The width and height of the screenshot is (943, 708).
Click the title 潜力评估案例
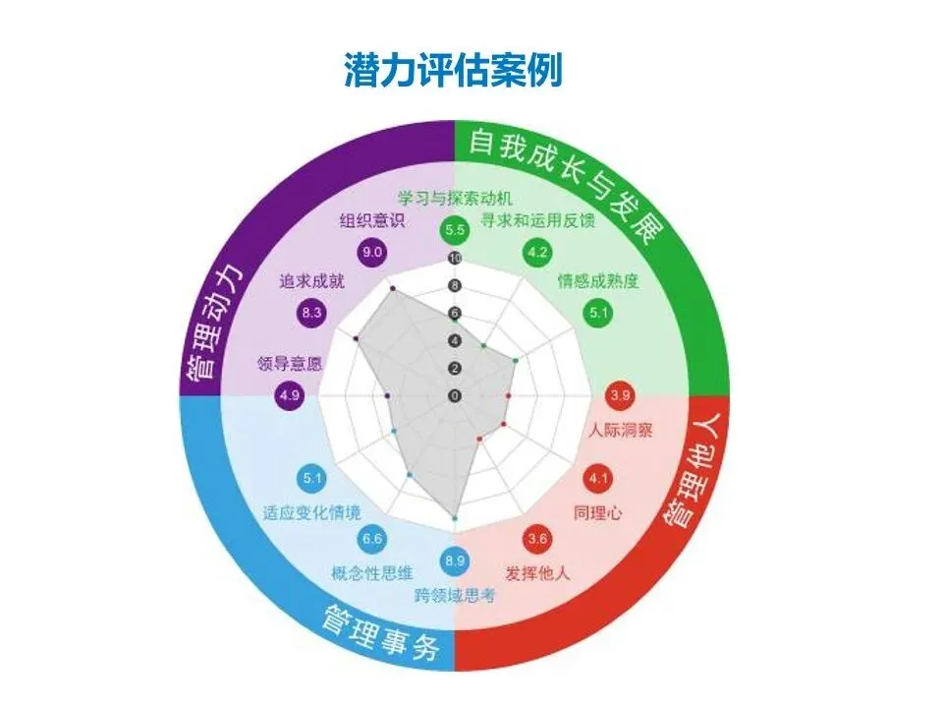453,70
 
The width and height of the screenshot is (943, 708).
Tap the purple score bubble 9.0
372,252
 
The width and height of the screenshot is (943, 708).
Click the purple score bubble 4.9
290,395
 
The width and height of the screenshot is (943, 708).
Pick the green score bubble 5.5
454,231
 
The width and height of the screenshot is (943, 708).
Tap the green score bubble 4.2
536,253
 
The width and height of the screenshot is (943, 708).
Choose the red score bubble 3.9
620,395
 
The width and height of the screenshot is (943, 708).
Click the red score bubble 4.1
598,479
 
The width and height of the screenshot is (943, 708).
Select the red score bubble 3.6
536,539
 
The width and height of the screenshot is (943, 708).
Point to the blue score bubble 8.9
454,560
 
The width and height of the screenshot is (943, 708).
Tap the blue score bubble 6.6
372,539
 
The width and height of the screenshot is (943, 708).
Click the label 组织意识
372,220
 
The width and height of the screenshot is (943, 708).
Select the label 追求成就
311,282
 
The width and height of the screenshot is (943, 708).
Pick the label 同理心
598,512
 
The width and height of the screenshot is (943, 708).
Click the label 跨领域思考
454,593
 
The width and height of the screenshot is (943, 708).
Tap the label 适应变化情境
311,512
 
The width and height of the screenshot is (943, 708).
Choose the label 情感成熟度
598,282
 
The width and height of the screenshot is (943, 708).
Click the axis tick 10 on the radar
454,259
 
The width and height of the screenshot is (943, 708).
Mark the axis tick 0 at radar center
454,395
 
